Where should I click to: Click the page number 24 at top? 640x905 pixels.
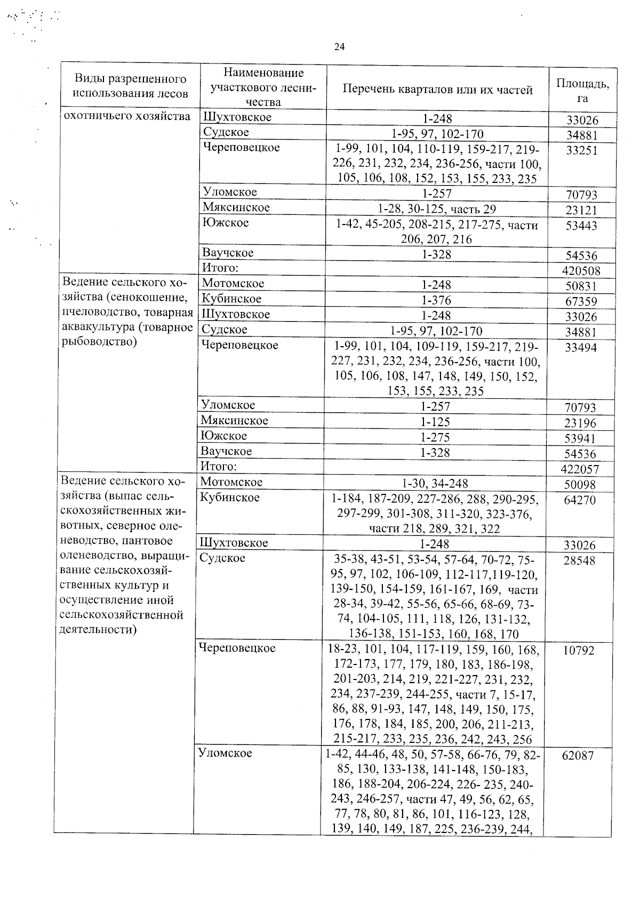tap(339, 47)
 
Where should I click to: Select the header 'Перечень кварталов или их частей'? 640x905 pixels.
tap(437, 90)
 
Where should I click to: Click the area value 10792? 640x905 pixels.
tap(578, 651)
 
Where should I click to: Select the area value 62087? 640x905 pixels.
tap(578, 756)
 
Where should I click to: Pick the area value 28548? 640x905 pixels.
tap(579, 560)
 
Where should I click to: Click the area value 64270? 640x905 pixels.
tap(579, 500)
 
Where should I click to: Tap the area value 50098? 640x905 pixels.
tap(580, 485)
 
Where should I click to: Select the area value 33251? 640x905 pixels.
tap(582, 150)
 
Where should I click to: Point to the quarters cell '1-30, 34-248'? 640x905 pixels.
tap(435, 484)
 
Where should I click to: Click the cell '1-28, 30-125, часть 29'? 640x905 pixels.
tap(437, 209)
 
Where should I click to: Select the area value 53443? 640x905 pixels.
tap(581, 226)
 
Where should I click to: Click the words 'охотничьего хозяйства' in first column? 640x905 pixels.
tap(127, 116)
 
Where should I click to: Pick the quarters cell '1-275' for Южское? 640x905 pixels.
tap(435, 437)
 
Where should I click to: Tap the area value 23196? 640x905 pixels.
tap(580, 423)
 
